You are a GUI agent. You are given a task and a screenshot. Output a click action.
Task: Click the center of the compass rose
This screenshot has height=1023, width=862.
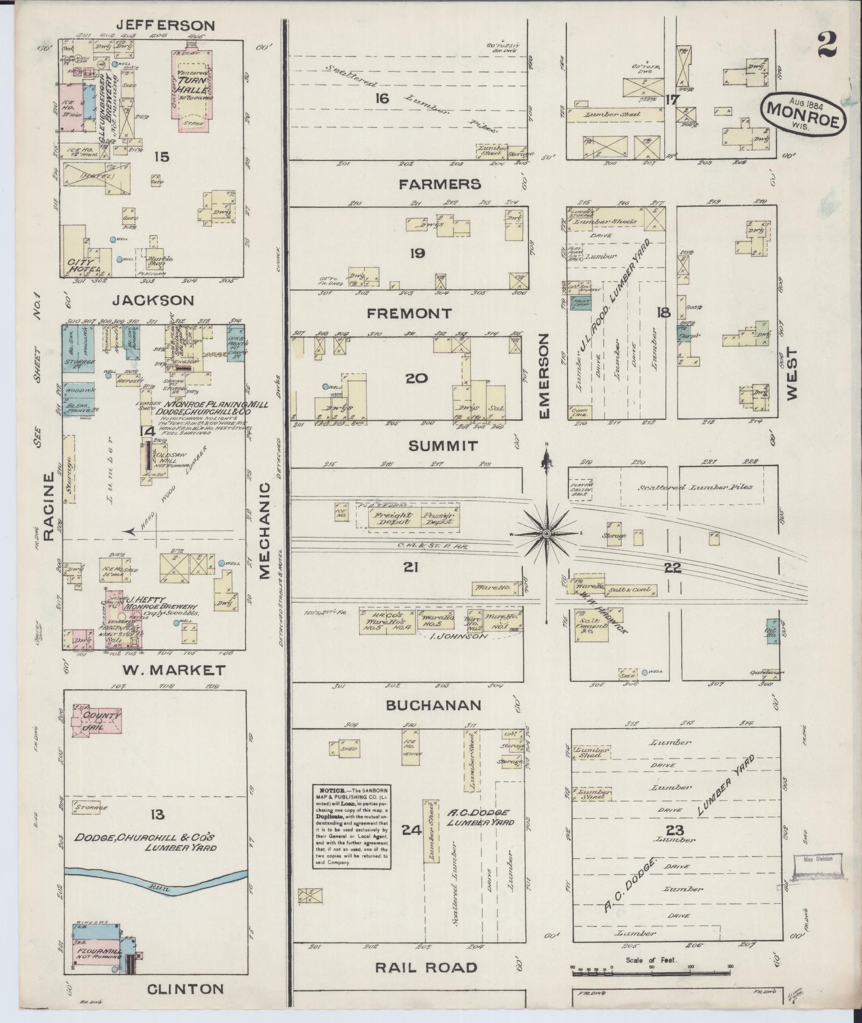547,534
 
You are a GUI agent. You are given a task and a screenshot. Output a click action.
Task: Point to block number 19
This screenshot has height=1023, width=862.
417,253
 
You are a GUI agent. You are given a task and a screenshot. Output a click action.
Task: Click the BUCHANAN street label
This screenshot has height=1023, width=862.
434,705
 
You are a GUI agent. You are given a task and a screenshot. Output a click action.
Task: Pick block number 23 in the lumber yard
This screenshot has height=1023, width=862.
675,830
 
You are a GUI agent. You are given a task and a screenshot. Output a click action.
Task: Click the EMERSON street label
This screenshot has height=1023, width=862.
544,376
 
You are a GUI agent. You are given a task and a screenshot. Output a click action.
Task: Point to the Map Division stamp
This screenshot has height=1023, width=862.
818,860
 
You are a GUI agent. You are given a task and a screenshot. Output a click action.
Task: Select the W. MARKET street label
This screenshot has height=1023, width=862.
167,670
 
